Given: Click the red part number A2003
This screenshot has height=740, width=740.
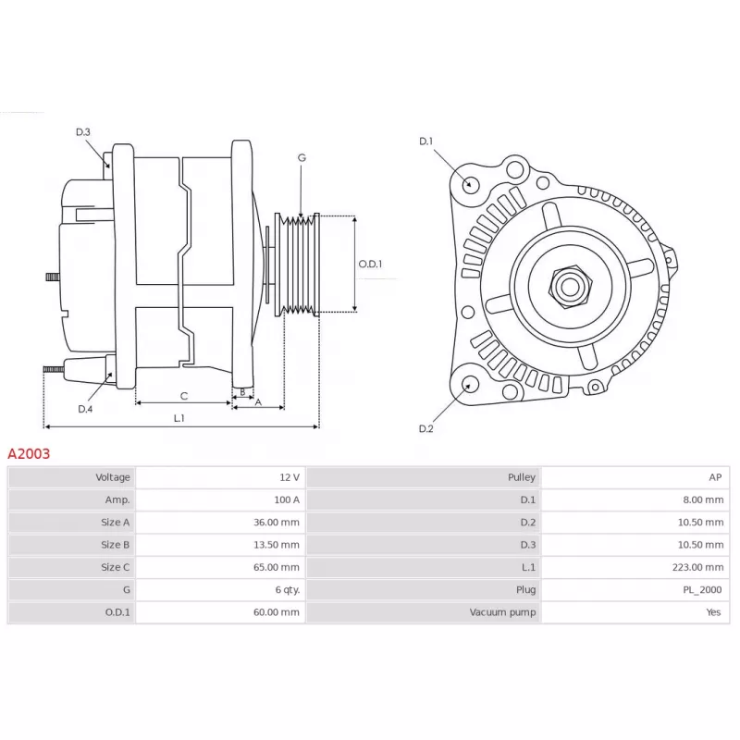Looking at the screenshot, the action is point(29,453).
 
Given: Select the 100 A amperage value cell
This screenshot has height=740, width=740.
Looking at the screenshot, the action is point(287,499).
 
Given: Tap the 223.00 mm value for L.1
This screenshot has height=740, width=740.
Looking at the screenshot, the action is point(697,567).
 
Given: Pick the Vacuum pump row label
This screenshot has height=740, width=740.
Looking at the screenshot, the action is point(502,612).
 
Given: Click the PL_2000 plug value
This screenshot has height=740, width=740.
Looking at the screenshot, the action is point(702,590).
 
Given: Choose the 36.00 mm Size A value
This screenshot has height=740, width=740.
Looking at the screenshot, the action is point(277,523).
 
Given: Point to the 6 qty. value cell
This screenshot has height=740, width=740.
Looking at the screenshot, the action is point(288,590).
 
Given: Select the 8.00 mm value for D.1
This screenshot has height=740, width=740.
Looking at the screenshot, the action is point(703,499).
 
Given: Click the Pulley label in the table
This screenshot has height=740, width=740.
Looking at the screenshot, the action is point(522,477).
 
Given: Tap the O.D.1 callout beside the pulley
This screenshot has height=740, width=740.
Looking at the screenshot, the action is point(371,264).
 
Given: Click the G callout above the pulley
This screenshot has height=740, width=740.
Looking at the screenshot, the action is point(302,157).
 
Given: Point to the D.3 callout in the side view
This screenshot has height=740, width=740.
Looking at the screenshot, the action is point(83,132).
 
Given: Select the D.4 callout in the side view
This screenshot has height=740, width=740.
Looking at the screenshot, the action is point(85,409).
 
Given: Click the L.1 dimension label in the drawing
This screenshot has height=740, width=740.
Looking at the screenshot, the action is point(179,418).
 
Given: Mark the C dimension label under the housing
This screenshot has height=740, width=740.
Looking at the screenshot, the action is point(184,397).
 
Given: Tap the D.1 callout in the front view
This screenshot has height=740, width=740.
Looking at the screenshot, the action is point(425,142).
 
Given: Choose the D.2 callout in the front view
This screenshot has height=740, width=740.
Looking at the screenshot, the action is point(425,428).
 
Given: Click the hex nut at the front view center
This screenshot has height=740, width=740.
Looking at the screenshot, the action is point(570,287).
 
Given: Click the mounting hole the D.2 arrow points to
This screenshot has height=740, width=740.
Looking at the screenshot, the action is point(470,384).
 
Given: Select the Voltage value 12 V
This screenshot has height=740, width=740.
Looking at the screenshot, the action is point(290,477).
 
